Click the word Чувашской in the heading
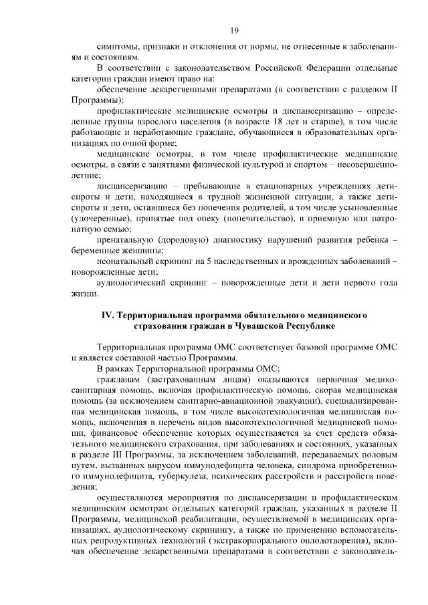[x=263, y=326]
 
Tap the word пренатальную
[x=125, y=239]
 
